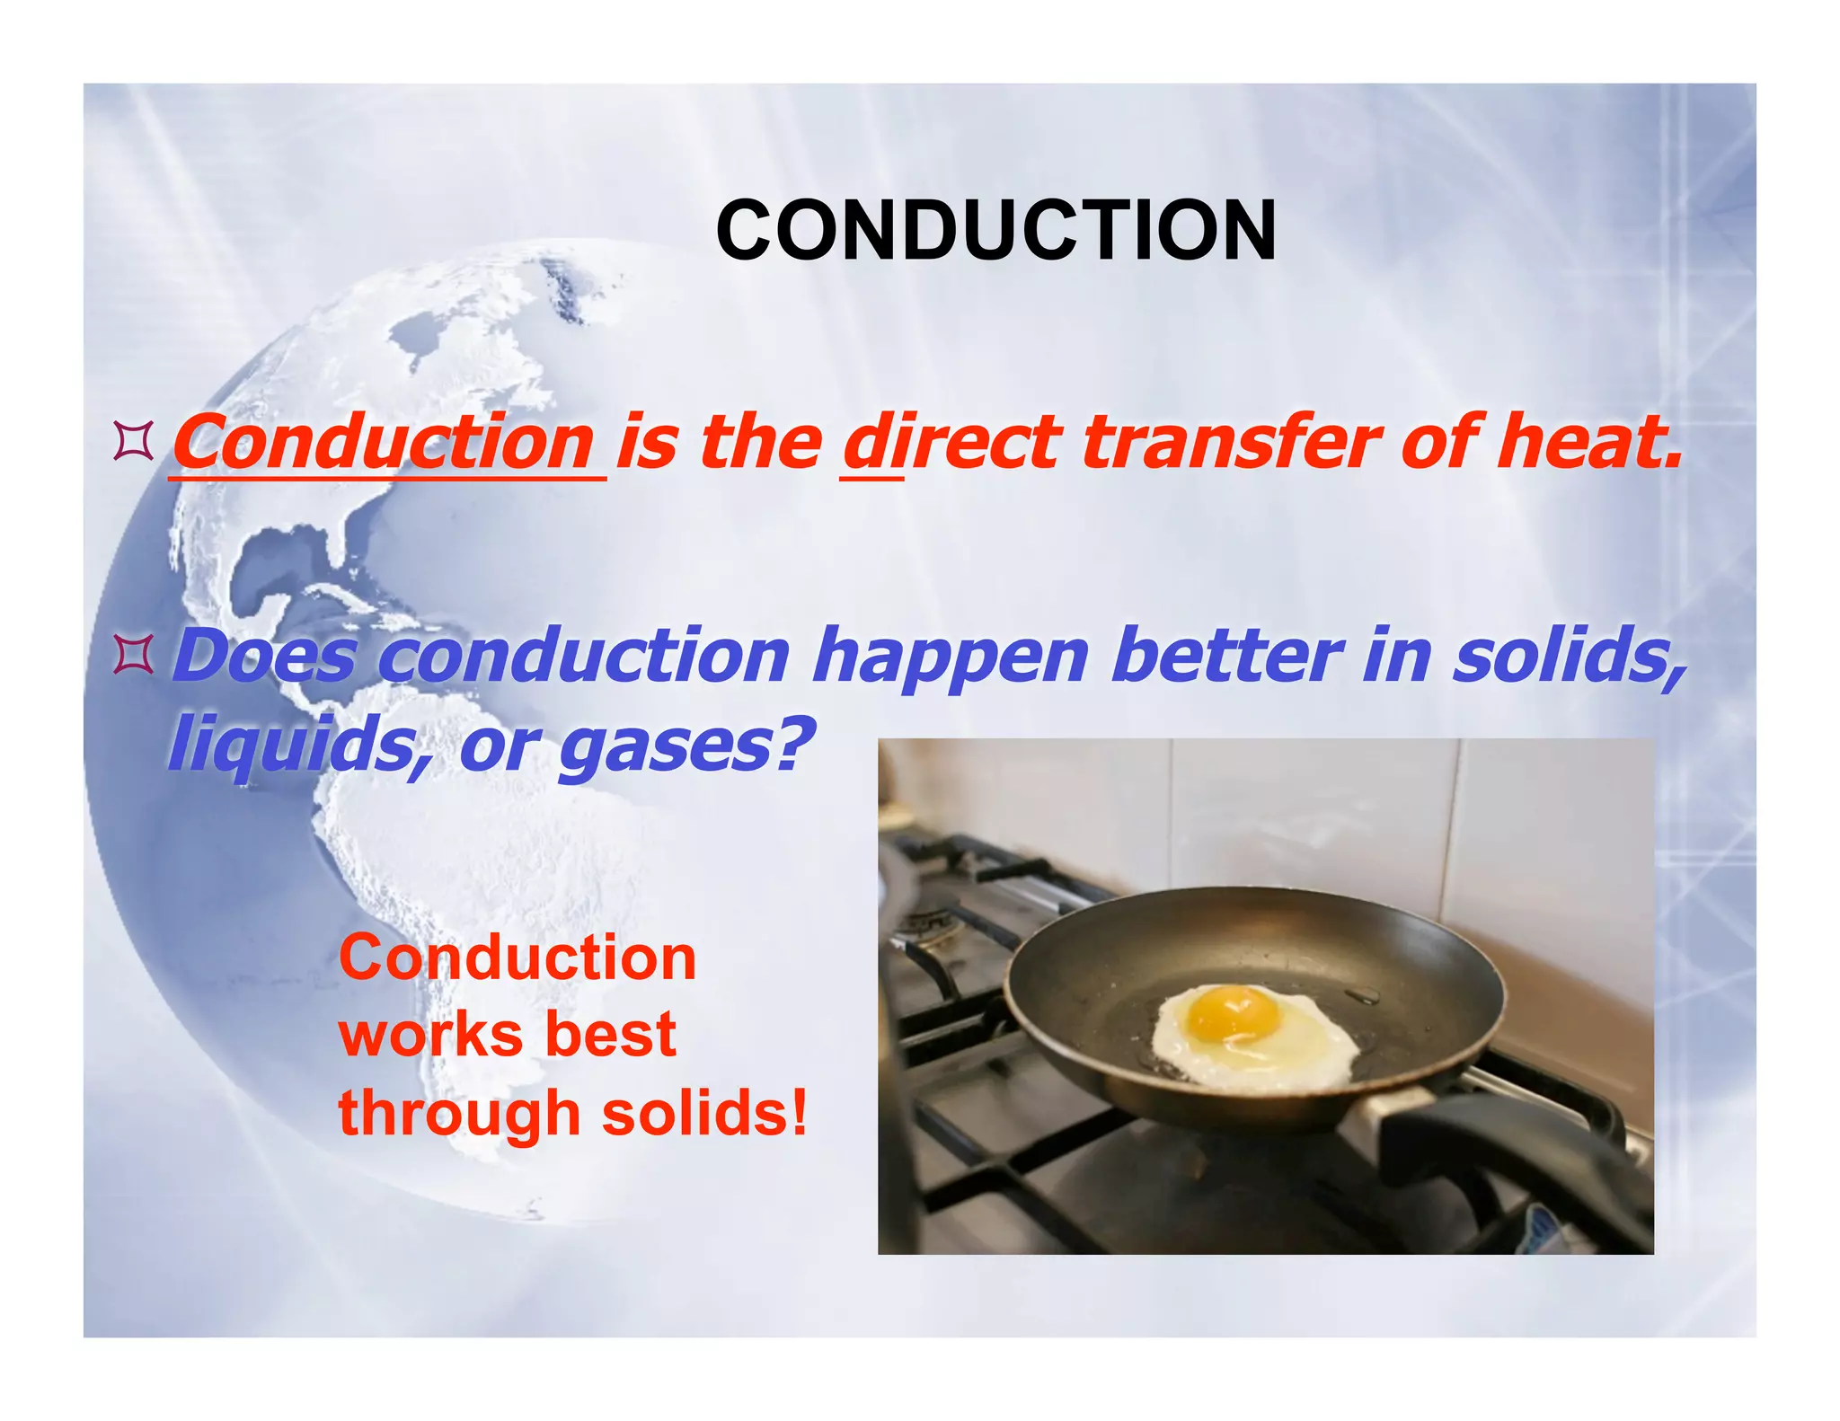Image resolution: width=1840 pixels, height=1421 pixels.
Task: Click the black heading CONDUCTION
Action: click(995, 232)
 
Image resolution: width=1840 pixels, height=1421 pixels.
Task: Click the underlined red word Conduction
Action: click(384, 443)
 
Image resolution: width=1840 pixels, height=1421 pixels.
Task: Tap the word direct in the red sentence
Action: click(952, 443)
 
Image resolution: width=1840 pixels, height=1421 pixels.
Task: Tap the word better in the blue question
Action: click(1225, 657)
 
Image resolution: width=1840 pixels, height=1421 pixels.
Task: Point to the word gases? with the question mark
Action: click(686, 746)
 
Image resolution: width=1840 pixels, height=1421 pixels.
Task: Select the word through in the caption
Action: click(458, 1114)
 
